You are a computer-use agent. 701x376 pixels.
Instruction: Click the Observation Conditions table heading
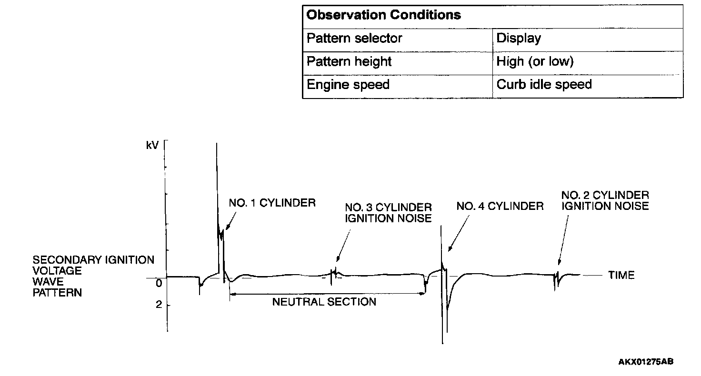pyautogui.click(x=383, y=15)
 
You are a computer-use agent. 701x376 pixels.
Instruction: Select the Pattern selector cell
pyautogui.click(x=354, y=39)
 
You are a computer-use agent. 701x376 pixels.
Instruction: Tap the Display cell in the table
pyautogui.click(x=518, y=39)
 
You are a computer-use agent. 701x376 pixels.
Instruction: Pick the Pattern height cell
pyautogui.click(x=349, y=62)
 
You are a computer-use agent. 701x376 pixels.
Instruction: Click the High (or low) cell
pyautogui.click(x=535, y=62)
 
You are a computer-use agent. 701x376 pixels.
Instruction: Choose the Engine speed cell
pyautogui.click(x=348, y=85)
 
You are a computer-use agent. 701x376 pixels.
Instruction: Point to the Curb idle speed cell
pyautogui.click(x=544, y=85)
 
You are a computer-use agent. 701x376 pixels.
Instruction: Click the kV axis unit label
pyautogui.click(x=152, y=145)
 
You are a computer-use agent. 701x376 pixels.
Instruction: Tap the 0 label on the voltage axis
pyautogui.click(x=159, y=284)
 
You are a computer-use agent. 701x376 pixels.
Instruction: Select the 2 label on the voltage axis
pyautogui.click(x=159, y=305)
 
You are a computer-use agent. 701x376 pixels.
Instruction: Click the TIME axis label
pyautogui.click(x=621, y=275)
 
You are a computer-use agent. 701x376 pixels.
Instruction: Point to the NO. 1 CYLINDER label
pyautogui.click(x=272, y=203)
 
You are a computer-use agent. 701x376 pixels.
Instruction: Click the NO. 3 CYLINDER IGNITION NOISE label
pyautogui.click(x=388, y=213)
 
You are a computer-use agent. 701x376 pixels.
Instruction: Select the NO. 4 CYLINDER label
pyautogui.click(x=500, y=206)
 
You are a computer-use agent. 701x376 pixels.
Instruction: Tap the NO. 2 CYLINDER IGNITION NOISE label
pyautogui.click(x=605, y=200)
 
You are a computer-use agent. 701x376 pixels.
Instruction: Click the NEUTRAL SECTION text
pyautogui.click(x=324, y=302)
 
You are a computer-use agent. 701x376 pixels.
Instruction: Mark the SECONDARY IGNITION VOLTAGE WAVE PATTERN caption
pyautogui.click(x=93, y=276)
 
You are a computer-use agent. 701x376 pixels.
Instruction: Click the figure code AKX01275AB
pyautogui.click(x=646, y=362)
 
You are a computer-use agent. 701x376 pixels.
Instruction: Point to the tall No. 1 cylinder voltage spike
pyautogui.click(x=217, y=190)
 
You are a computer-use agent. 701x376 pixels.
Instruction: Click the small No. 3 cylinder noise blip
pyautogui.click(x=336, y=273)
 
